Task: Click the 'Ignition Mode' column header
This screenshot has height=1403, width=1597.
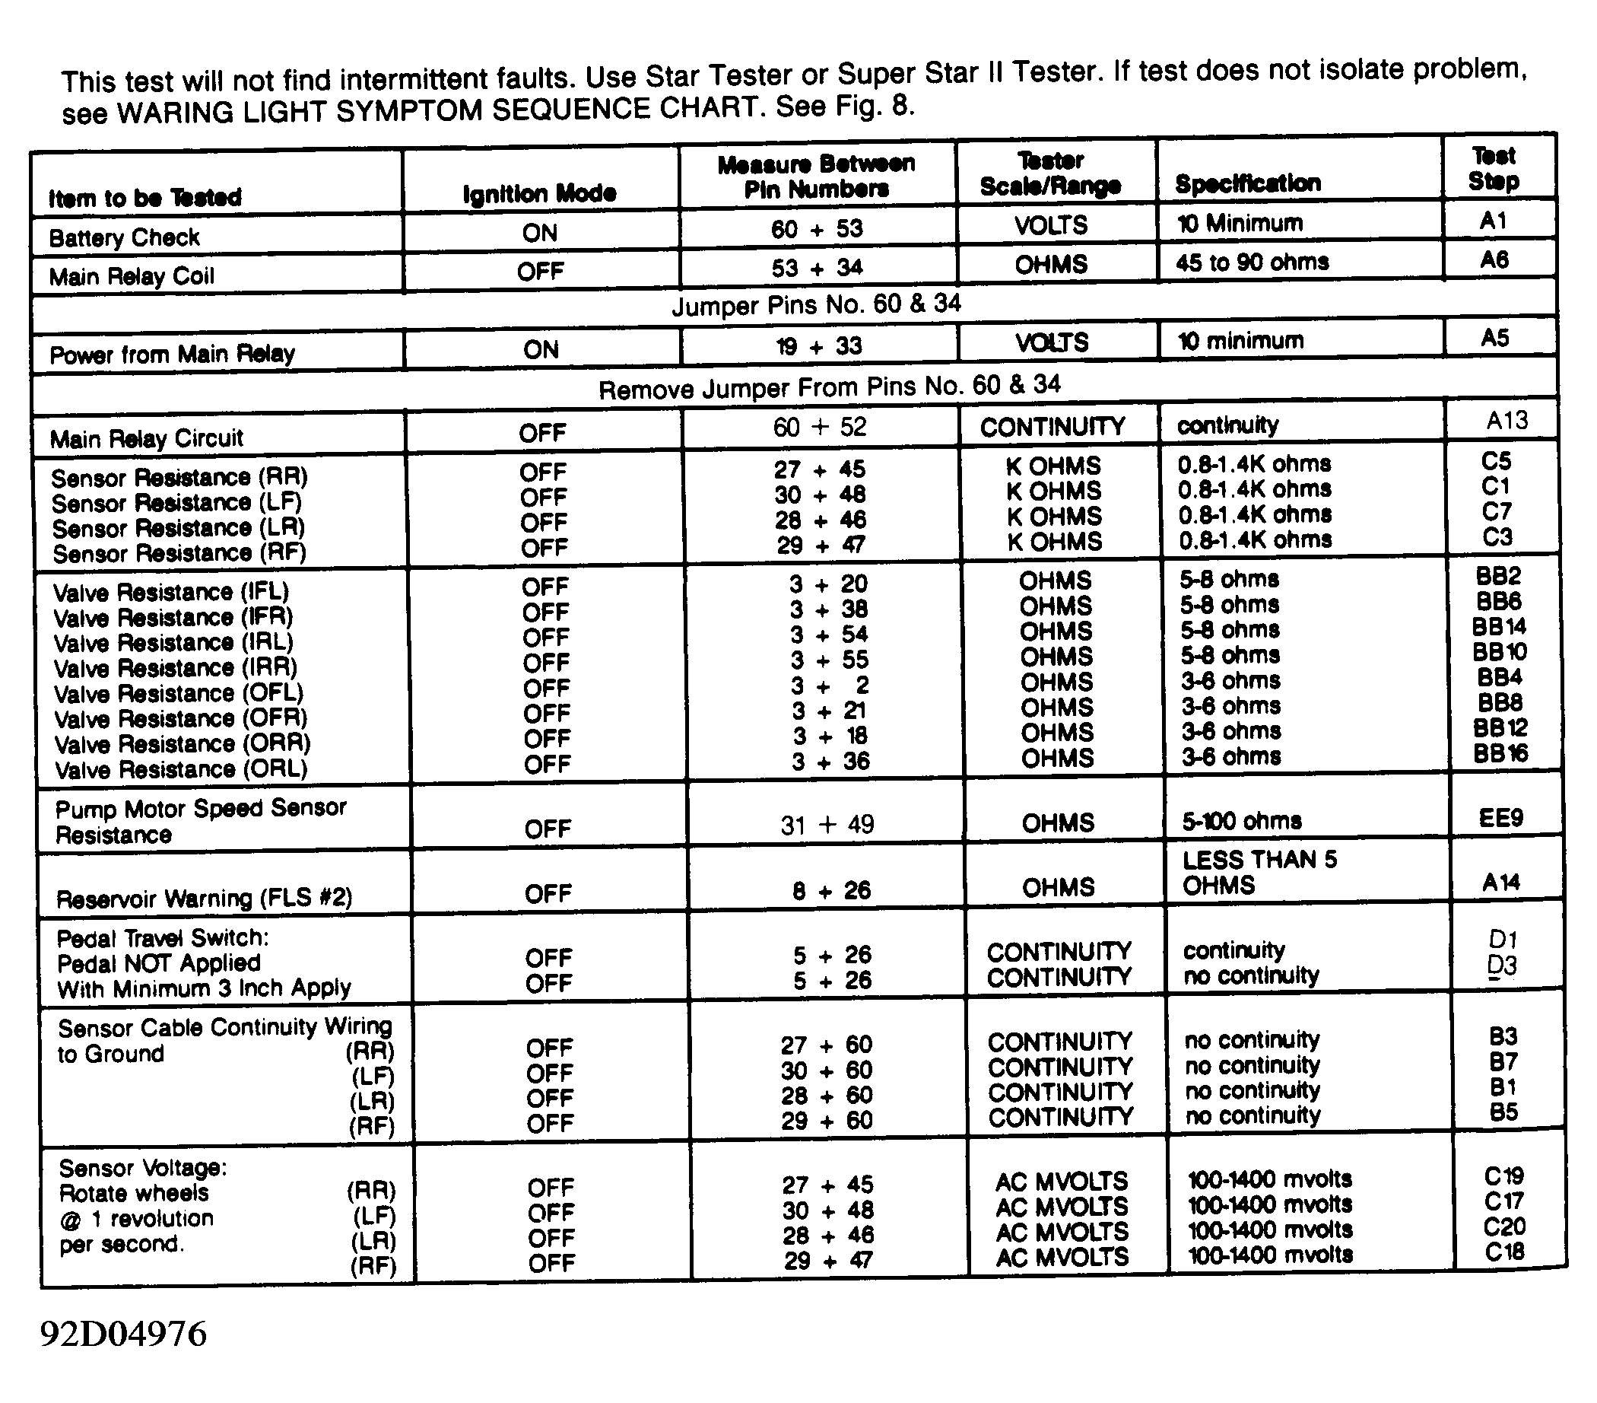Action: click(539, 193)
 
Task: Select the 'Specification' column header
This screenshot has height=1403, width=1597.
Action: click(1248, 183)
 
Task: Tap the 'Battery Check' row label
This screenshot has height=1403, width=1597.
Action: click(124, 237)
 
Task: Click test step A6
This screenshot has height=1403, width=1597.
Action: click(1494, 259)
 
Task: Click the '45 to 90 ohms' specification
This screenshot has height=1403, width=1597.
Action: click(1252, 262)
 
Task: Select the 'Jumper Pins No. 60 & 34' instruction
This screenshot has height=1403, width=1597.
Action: click(816, 304)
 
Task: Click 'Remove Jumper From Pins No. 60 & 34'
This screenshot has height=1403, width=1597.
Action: click(829, 386)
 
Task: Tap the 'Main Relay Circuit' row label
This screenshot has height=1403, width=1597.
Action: click(147, 437)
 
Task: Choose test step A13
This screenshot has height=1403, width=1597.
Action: click(1507, 421)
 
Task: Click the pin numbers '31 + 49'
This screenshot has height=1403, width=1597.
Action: click(827, 825)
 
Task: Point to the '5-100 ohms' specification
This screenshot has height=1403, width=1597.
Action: click(1242, 821)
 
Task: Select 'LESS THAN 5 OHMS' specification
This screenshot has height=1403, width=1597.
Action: click(1259, 872)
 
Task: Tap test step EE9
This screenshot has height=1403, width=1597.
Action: click(1501, 818)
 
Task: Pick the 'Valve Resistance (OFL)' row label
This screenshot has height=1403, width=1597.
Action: click(178, 693)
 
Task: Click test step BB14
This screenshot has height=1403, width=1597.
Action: click(1499, 627)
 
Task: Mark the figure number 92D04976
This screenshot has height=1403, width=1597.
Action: click(123, 1335)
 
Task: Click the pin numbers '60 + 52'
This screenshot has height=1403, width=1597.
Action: click(820, 427)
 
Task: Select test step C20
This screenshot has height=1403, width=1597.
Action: click(1504, 1226)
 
